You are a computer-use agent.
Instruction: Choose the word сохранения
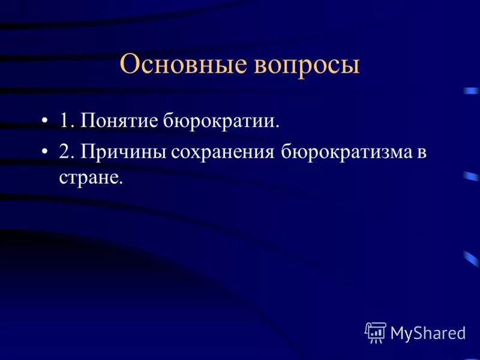click(x=222, y=152)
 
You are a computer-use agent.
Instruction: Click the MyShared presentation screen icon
click(x=376, y=332)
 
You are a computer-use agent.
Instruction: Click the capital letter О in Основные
click(x=129, y=65)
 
